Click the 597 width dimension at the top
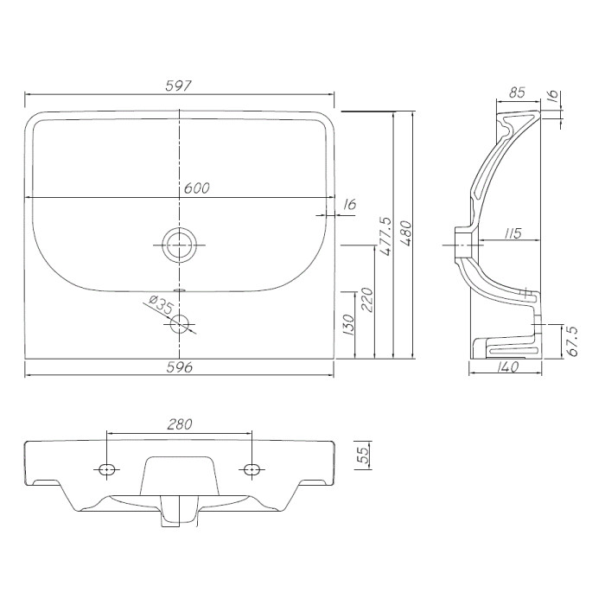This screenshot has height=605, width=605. (x=178, y=86)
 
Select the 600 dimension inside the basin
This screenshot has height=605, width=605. (x=196, y=188)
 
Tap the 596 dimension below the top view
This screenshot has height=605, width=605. (x=180, y=367)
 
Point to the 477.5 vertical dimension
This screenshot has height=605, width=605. (x=385, y=236)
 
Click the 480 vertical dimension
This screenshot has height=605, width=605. (x=406, y=234)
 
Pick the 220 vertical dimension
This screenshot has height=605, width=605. (x=367, y=300)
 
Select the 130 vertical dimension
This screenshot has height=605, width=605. (x=348, y=325)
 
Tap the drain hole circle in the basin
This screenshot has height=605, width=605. (x=180, y=245)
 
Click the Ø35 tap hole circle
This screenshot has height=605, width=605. (x=180, y=324)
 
